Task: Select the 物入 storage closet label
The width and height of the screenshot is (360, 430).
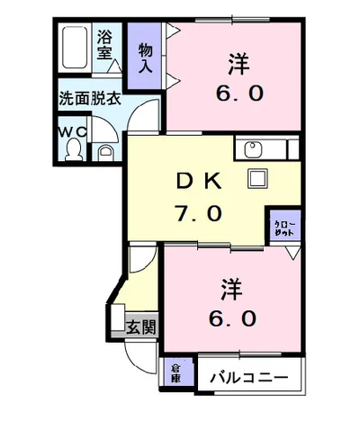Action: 145,58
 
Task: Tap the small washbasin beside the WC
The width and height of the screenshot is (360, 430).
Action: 104,151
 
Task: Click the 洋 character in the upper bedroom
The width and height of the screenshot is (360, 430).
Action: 237,64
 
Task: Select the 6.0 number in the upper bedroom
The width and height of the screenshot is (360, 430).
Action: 238,94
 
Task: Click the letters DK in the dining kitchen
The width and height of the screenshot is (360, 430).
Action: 200,181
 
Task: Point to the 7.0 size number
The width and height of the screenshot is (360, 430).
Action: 200,213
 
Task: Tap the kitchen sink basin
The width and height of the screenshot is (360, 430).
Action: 251,148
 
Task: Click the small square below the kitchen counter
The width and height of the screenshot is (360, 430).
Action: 259,177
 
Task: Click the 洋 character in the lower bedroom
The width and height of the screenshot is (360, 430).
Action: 230,289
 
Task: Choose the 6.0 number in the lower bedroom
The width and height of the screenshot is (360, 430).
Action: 231,318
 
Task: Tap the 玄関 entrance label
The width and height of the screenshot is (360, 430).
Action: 139,327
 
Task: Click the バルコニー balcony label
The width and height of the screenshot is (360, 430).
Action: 249,377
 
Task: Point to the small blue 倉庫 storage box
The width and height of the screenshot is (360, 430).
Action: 175,372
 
